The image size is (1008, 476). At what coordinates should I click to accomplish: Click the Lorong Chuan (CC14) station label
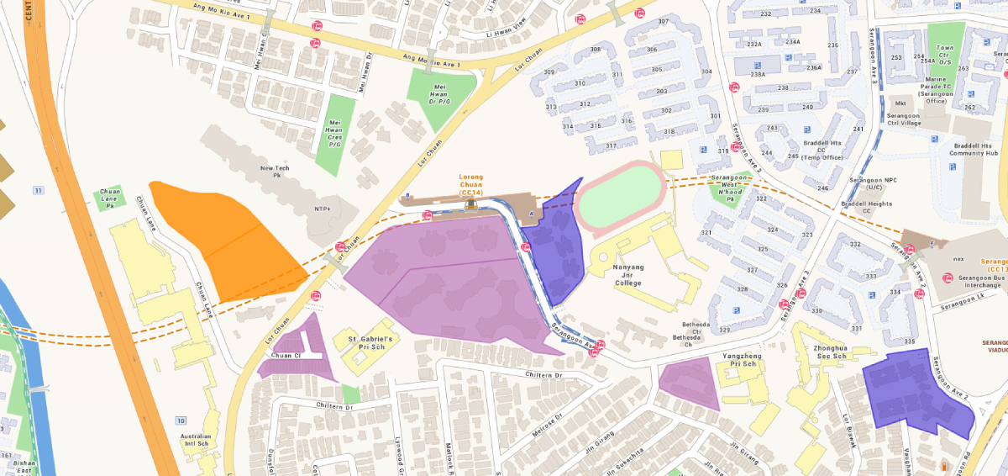click(470, 185)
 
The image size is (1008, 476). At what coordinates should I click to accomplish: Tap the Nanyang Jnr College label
click(628, 275)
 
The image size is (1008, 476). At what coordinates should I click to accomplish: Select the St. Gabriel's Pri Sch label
click(370, 342)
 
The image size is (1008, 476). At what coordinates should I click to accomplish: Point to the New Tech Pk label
click(275, 172)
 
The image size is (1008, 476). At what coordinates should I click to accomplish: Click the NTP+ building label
click(323, 209)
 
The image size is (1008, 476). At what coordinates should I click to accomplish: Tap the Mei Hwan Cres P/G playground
click(334, 135)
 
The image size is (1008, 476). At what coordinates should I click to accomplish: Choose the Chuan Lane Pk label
click(110, 198)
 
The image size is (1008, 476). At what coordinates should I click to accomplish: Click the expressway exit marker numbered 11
click(38, 191)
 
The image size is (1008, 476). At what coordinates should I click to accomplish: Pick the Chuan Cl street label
click(276, 356)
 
